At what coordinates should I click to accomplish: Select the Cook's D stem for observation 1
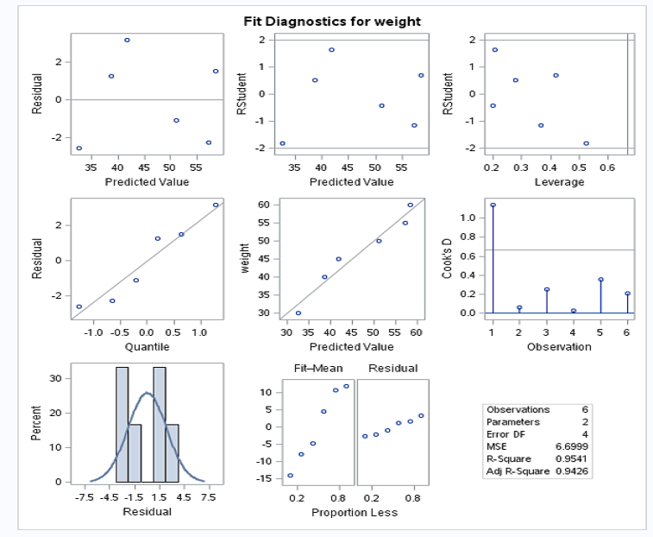pyautogui.click(x=493, y=259)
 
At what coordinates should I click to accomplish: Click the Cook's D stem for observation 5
pyautogui.click(x=600, y=296)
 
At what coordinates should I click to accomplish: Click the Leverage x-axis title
pyautogui.click(x=559, y=182)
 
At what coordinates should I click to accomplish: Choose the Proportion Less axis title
pyautogui.click(x=355, y=512)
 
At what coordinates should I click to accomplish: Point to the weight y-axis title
pyautogui.click(x=247, y=258)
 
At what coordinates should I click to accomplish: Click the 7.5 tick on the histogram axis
pyautogui.click(x=207, y=498)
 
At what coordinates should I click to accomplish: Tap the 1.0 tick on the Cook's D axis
pyautogui.click(x=467, y=218)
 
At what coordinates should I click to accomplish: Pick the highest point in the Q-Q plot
pyautogui.click(x=216, y=205)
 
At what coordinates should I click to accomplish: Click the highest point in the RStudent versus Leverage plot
pyautogui.click(x=495, y=50)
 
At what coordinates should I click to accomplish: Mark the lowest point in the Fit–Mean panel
pyautogui.click(x=290, y=475)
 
